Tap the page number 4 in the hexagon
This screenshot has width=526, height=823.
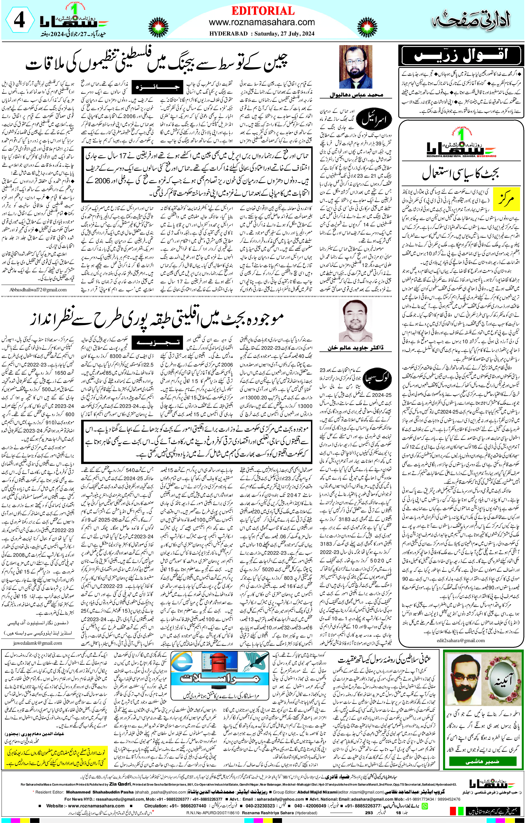19,21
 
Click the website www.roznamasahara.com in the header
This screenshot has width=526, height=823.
262,22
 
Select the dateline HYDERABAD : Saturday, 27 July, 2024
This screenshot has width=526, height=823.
262,33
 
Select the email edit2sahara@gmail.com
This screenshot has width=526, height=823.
460,640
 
